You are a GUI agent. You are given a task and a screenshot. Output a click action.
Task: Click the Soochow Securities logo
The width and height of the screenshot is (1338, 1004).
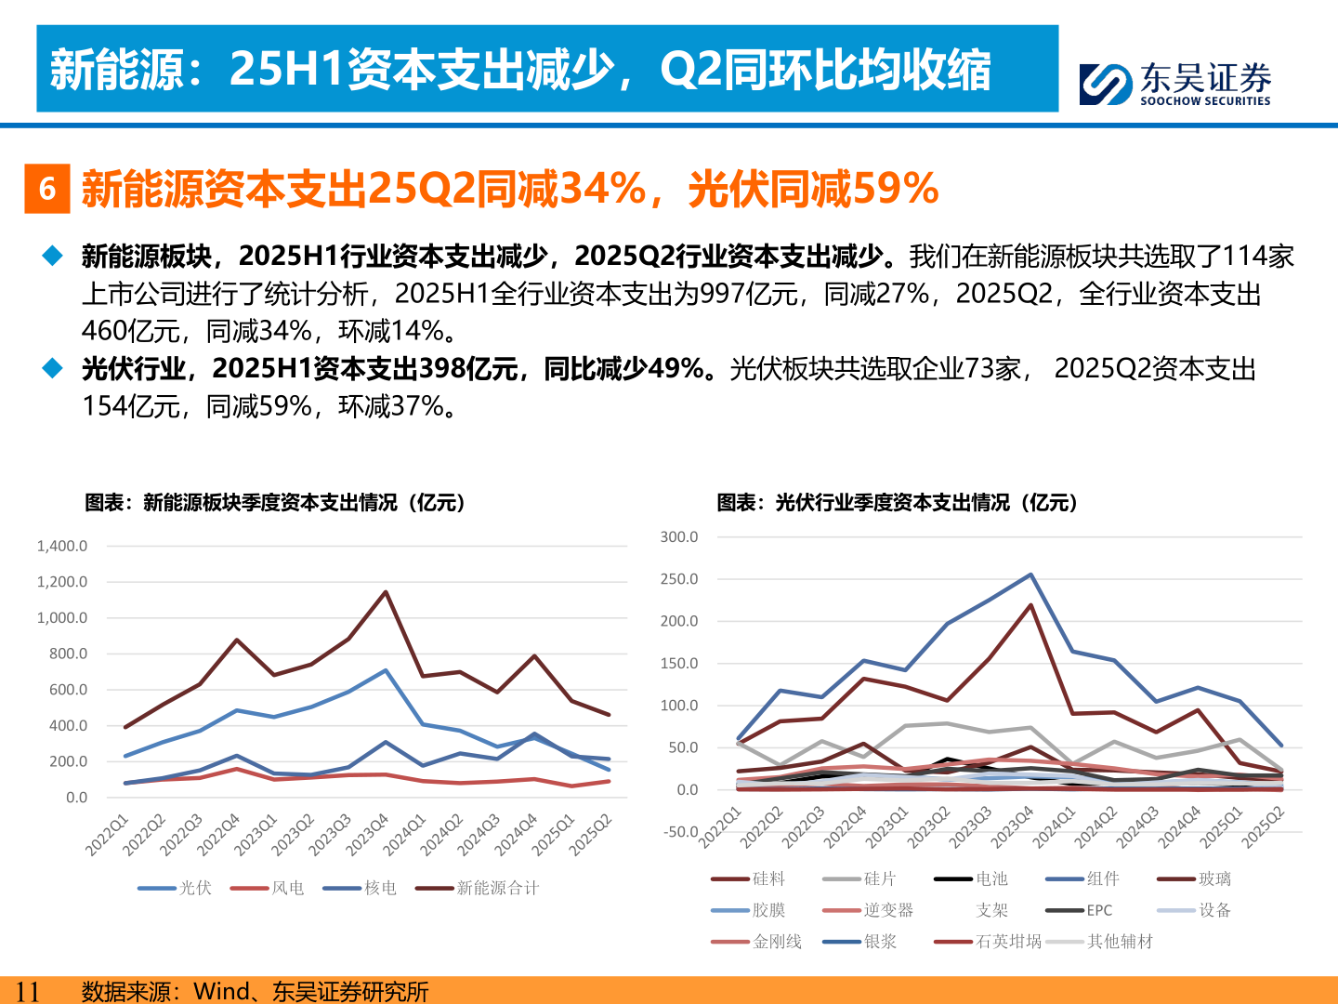tap(1174, 84)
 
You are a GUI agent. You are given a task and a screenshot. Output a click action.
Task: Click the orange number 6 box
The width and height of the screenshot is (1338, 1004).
tap(47, 189)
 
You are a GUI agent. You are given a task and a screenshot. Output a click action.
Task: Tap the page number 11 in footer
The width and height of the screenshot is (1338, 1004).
tap(28, 991)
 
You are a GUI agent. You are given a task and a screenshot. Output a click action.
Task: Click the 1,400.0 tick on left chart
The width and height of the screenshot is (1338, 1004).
tap(62, 546)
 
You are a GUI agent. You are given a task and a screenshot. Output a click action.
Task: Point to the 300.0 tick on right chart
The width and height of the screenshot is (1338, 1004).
tap(679, 537)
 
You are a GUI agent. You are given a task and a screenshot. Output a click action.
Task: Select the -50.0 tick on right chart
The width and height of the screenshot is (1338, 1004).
tap(679, 832)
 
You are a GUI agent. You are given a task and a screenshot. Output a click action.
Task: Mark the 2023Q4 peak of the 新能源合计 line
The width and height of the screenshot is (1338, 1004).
tap(386, 592)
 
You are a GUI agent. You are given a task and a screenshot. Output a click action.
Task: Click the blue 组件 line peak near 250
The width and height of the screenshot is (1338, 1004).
tap(1030, 575)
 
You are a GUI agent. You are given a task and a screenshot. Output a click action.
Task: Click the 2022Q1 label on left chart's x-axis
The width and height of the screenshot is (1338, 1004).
tap(107, 835)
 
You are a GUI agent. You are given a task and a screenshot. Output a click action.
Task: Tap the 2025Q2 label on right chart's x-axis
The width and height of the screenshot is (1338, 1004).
tap(1264, 827)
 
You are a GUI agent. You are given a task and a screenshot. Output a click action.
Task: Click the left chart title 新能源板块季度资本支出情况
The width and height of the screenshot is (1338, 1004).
tap(274, 503)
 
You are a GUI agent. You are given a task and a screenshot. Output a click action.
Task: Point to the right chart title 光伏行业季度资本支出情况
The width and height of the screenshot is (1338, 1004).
tap(897, 503)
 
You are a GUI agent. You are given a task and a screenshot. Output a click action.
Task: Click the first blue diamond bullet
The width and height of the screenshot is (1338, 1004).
tap(52, 256)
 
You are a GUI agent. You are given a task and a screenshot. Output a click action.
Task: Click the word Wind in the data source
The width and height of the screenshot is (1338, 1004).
tap(221, 991)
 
